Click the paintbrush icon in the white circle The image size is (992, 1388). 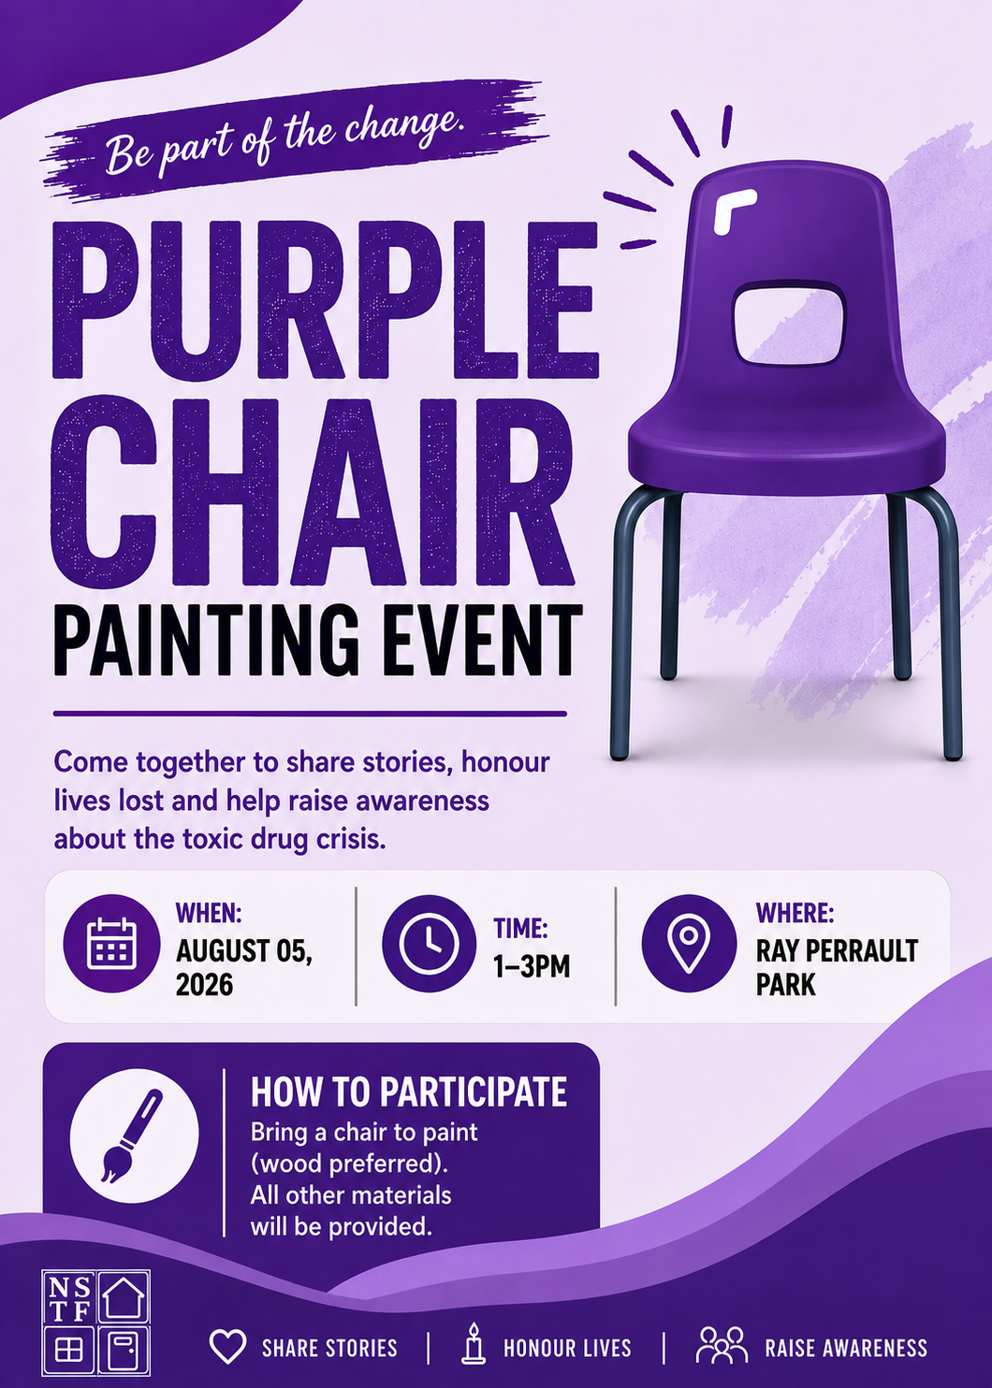pos(132,1136)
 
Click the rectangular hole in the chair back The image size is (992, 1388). pos(789,322)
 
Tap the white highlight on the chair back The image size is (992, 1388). pos(733,210)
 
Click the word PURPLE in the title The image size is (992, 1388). pos(325,300)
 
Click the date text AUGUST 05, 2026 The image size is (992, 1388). pos(244,967)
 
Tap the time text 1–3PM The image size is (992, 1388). pos(532,966)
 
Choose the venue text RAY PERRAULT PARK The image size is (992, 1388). pos(837,967)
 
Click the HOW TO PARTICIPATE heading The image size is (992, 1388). pos(409,1092)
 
